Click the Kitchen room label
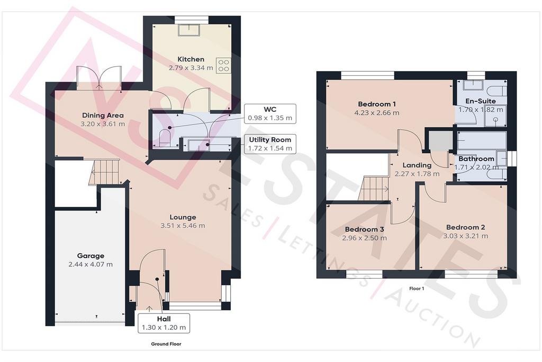click(x=191, y=59)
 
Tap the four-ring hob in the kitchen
click(x=223, y=66)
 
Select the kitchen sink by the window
click(x=189, y=30)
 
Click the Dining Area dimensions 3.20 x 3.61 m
click(x=103, y=124)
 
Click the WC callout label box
click(x=270, y=113)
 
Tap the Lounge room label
click(x=183, y=217)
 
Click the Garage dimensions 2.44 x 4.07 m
click(x=91, y=264)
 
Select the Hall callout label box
click(x=164, y=323)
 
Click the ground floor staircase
click(x=104, y=172)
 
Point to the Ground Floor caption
click(x=166, y=344)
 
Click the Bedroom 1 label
click(x=377, y=104)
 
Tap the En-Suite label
click(x=481, y=101)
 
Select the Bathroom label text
click(x=476, y=159)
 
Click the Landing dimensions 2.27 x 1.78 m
click(x=417, y=174)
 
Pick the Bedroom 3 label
click(x=364, y=229)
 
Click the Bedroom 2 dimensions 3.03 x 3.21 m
click(x=466, y=236)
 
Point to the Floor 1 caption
click(x=417, y=289)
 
